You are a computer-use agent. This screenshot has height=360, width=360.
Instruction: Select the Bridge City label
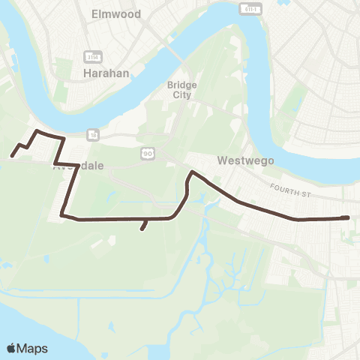pyautogui.click(x=181, y=89)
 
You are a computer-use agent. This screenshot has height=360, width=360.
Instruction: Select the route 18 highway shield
pyautogui.click(x=93, y=133)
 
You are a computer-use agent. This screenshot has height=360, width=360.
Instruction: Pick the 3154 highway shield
pyautogui.click(x=94, y=57)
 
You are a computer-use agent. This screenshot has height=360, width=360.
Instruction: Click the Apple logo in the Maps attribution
pyautogui.click(x=12, y=348)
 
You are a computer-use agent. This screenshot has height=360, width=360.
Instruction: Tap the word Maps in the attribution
pyautogui.click(x=33, y=348)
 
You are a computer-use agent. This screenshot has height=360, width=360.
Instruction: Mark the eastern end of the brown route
pyautogui.click(x=348, y=217)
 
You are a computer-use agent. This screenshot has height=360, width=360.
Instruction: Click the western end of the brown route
pyautogui.click(x=12, y=156)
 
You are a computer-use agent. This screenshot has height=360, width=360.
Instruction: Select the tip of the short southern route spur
pyautogui.click(x=142, y=229)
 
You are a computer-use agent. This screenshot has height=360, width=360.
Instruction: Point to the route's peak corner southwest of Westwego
pyautogui.click(x=192, y=172)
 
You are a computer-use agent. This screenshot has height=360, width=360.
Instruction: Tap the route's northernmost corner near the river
pyautogui.click(x=37, y=131)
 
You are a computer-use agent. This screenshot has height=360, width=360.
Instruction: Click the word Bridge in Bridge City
pyautogui.click(x=181, y=85)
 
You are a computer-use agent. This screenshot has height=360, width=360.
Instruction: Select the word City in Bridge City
pyautogui.click(x=181, y=94)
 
